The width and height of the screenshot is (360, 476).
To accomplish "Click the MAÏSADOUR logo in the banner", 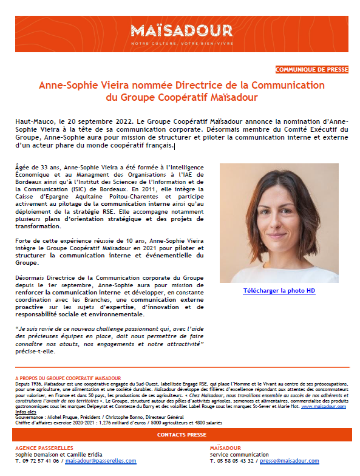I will pyautogui.click(x=181, y=30).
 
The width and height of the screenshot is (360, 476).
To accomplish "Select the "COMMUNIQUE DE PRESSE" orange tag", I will pyautogui.click(x=311, y=70).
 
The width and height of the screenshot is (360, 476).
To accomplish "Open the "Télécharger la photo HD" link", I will pyautogui.click(x=279, y=291).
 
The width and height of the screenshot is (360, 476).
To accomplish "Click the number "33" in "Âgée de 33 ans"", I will pyautogui.click(x=43, y=167).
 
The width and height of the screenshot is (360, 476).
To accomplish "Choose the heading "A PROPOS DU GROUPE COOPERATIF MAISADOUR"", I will pyautogui.click(x=67, y=378).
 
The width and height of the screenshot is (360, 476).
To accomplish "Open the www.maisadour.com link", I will pyautogui.click(x=323, y=406).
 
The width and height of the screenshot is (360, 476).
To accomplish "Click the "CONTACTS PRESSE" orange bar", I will pyautogui.click(x=182, y=435).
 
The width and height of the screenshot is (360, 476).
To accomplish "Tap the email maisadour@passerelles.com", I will pyautogui.click(x=100, y=461).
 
